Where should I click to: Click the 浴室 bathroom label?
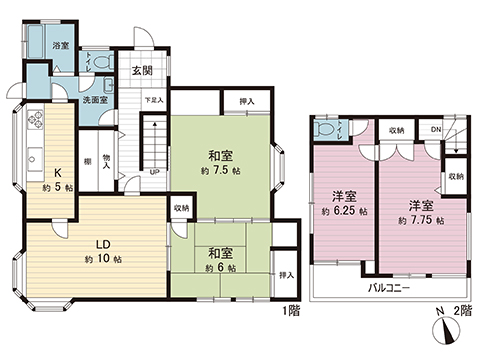coord(60,46)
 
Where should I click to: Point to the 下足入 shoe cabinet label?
coord(152,100)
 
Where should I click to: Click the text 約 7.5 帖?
coord(221,171)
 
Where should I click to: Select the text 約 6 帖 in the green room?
coord(221,268)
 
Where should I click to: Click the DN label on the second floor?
coord(436,129)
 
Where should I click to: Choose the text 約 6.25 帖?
coord(343,212)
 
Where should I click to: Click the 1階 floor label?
coord(290,310)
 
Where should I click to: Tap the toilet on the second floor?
coord(326,133)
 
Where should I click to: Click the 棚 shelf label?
coord(88,163)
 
